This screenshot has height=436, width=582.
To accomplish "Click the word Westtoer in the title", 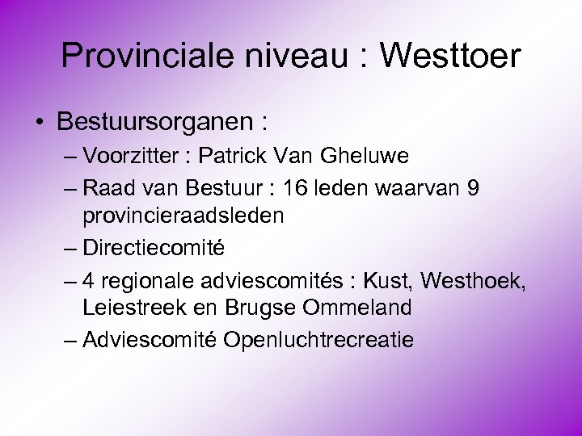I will (x=450, y=56).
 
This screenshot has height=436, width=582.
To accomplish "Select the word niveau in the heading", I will (x=302, y=56).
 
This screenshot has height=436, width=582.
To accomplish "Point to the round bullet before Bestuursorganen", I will (x=39, y=123).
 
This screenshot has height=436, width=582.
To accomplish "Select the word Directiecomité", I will (x=153, y=247).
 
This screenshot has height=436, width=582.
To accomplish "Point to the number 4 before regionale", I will (x=88, y=280).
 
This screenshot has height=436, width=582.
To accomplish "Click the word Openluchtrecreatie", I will (x=318, y=339).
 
